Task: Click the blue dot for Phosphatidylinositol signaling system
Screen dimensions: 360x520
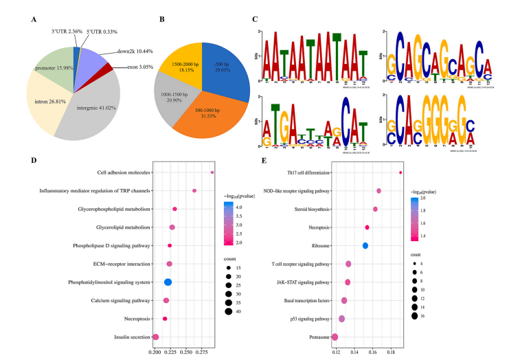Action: pos(168,282)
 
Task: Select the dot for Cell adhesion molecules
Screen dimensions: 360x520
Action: pos(212,172)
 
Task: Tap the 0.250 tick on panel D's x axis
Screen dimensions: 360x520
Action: pos(171,351)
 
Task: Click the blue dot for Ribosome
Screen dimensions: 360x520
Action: pos(365,245)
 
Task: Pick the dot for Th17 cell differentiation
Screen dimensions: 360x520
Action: pos(400,172)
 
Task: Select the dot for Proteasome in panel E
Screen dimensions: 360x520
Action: pos(335,337)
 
